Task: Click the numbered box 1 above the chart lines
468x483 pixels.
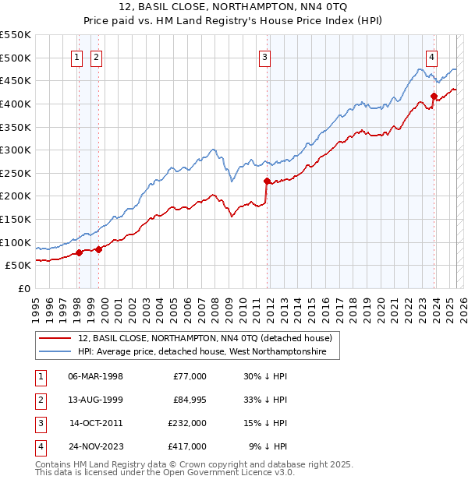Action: click(78, 57)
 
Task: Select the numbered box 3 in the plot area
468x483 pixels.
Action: click(265, 57)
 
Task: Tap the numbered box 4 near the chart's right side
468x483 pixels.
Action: click(431, 57)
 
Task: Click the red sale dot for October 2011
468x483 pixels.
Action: click(267, 182)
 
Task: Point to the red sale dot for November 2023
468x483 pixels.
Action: click(434, 97)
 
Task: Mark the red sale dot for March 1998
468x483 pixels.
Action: click(79, 252)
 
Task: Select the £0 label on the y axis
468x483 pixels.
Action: click(23, 288)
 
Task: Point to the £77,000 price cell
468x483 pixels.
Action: click(189, 376)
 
